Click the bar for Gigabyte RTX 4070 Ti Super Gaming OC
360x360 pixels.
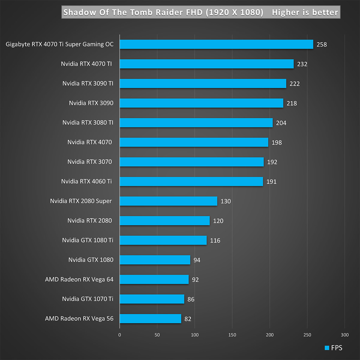[216, 44]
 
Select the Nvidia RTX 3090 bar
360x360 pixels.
[201, 103]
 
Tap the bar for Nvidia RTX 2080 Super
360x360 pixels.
[168, 201]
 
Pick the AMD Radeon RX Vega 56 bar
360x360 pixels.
[150, 319]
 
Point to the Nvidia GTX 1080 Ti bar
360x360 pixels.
[163, 240]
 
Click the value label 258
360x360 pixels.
[322, 44]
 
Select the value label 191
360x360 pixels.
[271, 182]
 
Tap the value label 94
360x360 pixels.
[197, 260]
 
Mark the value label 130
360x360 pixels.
[226, 201]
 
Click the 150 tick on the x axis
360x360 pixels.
[232, 335]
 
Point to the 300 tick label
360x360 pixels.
[345, 335]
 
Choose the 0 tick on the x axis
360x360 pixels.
[120, 335]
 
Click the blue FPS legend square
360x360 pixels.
[327, 348]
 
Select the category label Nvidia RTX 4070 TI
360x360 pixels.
[86, 64]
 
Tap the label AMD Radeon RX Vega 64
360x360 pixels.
[79, 280]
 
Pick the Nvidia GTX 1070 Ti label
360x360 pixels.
[88, 299]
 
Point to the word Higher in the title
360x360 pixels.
[286, 12]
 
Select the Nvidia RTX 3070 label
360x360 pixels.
[90, 162]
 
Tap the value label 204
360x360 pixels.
[281, 123]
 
